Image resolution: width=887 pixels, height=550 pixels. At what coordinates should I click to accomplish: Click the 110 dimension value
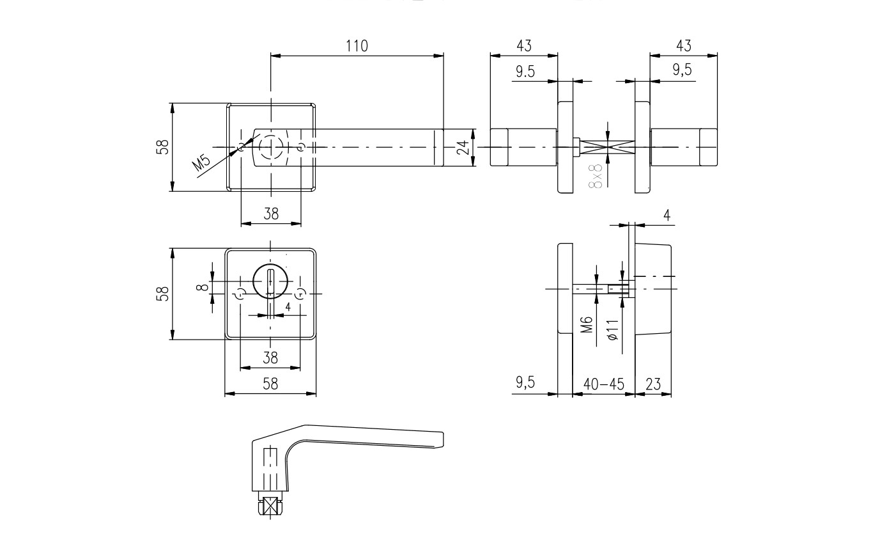click(x=357, y=46)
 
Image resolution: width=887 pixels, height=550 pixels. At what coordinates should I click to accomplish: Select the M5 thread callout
click(x=201, y=162)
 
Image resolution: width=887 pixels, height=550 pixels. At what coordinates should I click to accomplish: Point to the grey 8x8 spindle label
click(x=596, y=176)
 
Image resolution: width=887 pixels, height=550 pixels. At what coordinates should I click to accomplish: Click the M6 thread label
click(x=588, y=324)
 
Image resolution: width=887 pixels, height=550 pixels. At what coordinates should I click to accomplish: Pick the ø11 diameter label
click(x=612, y=330)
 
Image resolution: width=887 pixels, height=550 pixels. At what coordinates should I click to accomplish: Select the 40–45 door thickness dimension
click(x=603, y=384)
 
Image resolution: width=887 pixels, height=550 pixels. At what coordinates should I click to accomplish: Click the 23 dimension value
click(x=653, y=384)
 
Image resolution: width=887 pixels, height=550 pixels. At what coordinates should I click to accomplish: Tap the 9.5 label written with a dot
click(x=525, y=72)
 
